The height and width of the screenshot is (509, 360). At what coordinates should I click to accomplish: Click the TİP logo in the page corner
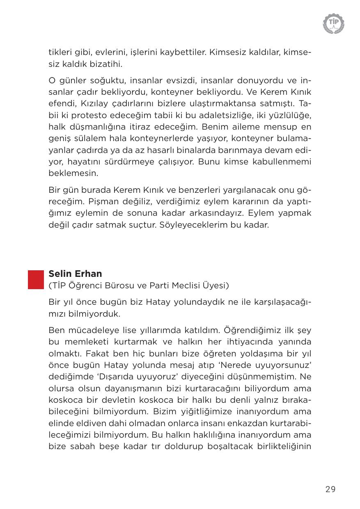pos(333,23)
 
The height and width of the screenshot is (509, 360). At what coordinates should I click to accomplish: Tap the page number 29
pos(330,489)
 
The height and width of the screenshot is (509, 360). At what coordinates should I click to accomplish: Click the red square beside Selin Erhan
pos(36,279)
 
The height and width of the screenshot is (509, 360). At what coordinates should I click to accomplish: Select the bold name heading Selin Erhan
pos(75,274)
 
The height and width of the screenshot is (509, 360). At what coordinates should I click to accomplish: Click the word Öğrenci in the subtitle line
pos(85,285)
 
